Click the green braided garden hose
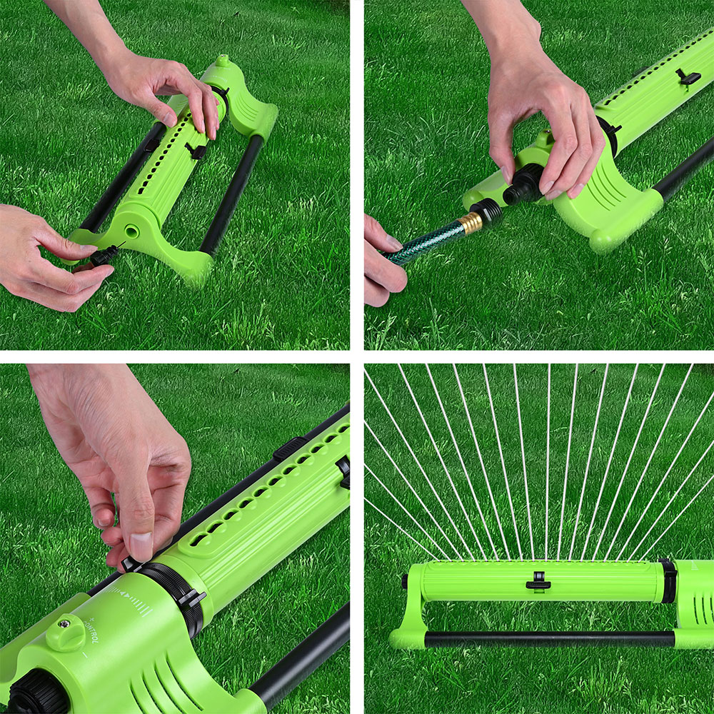pos(424,242)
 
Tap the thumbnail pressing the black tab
pos(141,546)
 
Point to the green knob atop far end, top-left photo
pos(223,61)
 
